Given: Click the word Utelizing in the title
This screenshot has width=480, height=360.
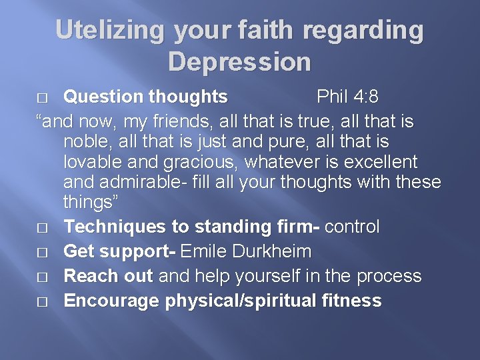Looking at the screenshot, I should tap(110, 31).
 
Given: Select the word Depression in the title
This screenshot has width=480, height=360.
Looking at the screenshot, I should tap(239, 62).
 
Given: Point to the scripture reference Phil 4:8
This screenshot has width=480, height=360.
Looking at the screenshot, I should tap(347, 97).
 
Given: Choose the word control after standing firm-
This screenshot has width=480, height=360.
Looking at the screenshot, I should tap(353, 227).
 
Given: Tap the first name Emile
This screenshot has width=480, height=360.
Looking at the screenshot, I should tap(204, 251).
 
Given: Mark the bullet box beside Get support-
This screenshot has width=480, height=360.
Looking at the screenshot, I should tap(43, 252).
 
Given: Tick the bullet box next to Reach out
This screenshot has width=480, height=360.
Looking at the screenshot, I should tap(43, 277).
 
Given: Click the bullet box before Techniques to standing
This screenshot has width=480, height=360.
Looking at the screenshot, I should tap(43, 227).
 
